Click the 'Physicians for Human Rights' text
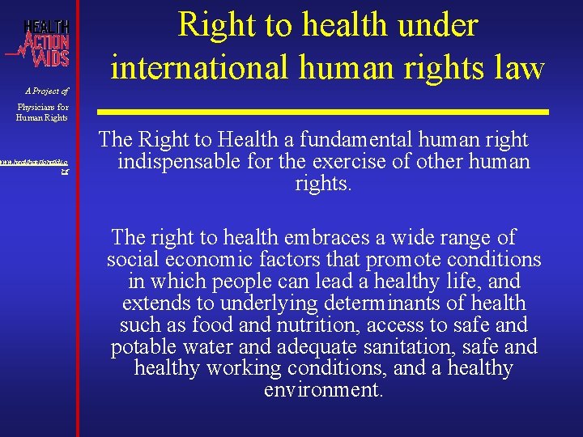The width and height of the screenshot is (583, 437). coord(44,112)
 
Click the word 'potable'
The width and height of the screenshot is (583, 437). coord(147,347)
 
